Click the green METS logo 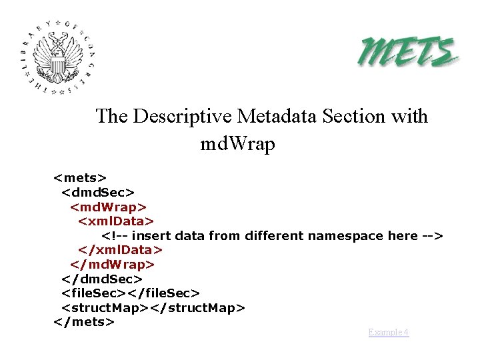(409, 51)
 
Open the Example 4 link (389, 332)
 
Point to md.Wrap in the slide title (237, 143)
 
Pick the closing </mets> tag (84, 322)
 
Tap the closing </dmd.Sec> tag (102, 279)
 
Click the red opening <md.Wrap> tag (109, 207)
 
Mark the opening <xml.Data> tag (116, 221)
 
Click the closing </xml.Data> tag (120, 250)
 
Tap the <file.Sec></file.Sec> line (131, 293)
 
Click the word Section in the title (351, 116)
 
